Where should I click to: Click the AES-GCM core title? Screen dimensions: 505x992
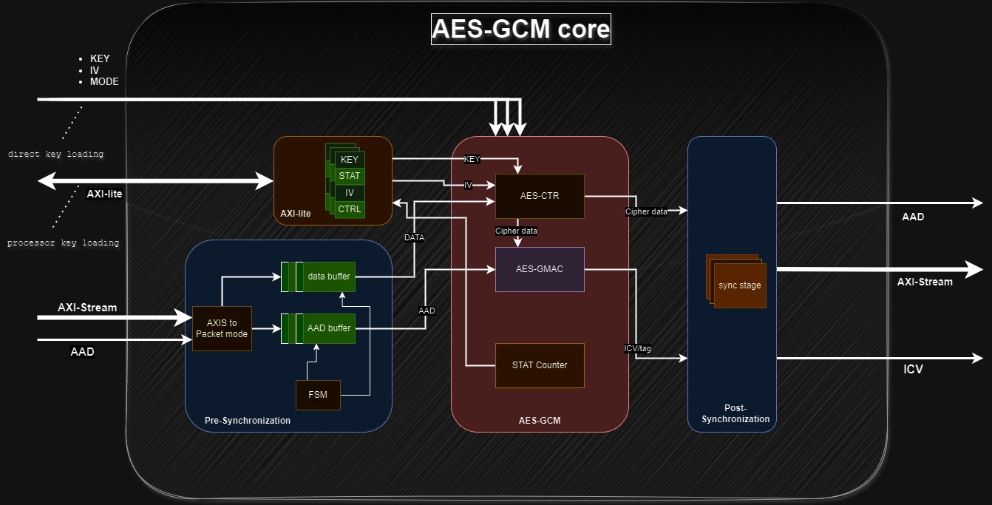pos(520,29)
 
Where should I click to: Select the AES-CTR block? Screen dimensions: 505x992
pos(540,196)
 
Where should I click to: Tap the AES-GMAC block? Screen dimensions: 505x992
pos(540,269)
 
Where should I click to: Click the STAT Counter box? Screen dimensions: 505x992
pos(540,365)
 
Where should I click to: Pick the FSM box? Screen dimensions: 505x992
pos(318,395)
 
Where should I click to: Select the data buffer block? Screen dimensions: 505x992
pos(329,277)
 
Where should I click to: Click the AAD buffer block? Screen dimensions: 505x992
pos(329,328)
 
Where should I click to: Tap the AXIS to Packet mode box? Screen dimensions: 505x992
pos(222,328)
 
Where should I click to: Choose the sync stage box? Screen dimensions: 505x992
pos(739,285)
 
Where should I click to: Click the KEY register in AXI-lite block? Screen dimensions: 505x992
pos(350,160)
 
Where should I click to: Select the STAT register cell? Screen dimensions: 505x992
pos(350,176)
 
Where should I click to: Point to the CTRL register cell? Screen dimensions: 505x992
pos(350,209)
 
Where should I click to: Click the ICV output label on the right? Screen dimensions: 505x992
pos(913,369)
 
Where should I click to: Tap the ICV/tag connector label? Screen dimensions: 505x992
pos(637,348)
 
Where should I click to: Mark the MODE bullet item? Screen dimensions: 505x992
pos(104,81)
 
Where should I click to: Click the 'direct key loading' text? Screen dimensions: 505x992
pos(56,155)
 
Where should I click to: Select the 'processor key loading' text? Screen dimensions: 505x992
pos(63,243)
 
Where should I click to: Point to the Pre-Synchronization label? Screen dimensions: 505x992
pos(248,421)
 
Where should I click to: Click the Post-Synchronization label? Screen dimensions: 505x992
pos(735,413)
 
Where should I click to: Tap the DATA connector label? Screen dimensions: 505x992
pos(414,238)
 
